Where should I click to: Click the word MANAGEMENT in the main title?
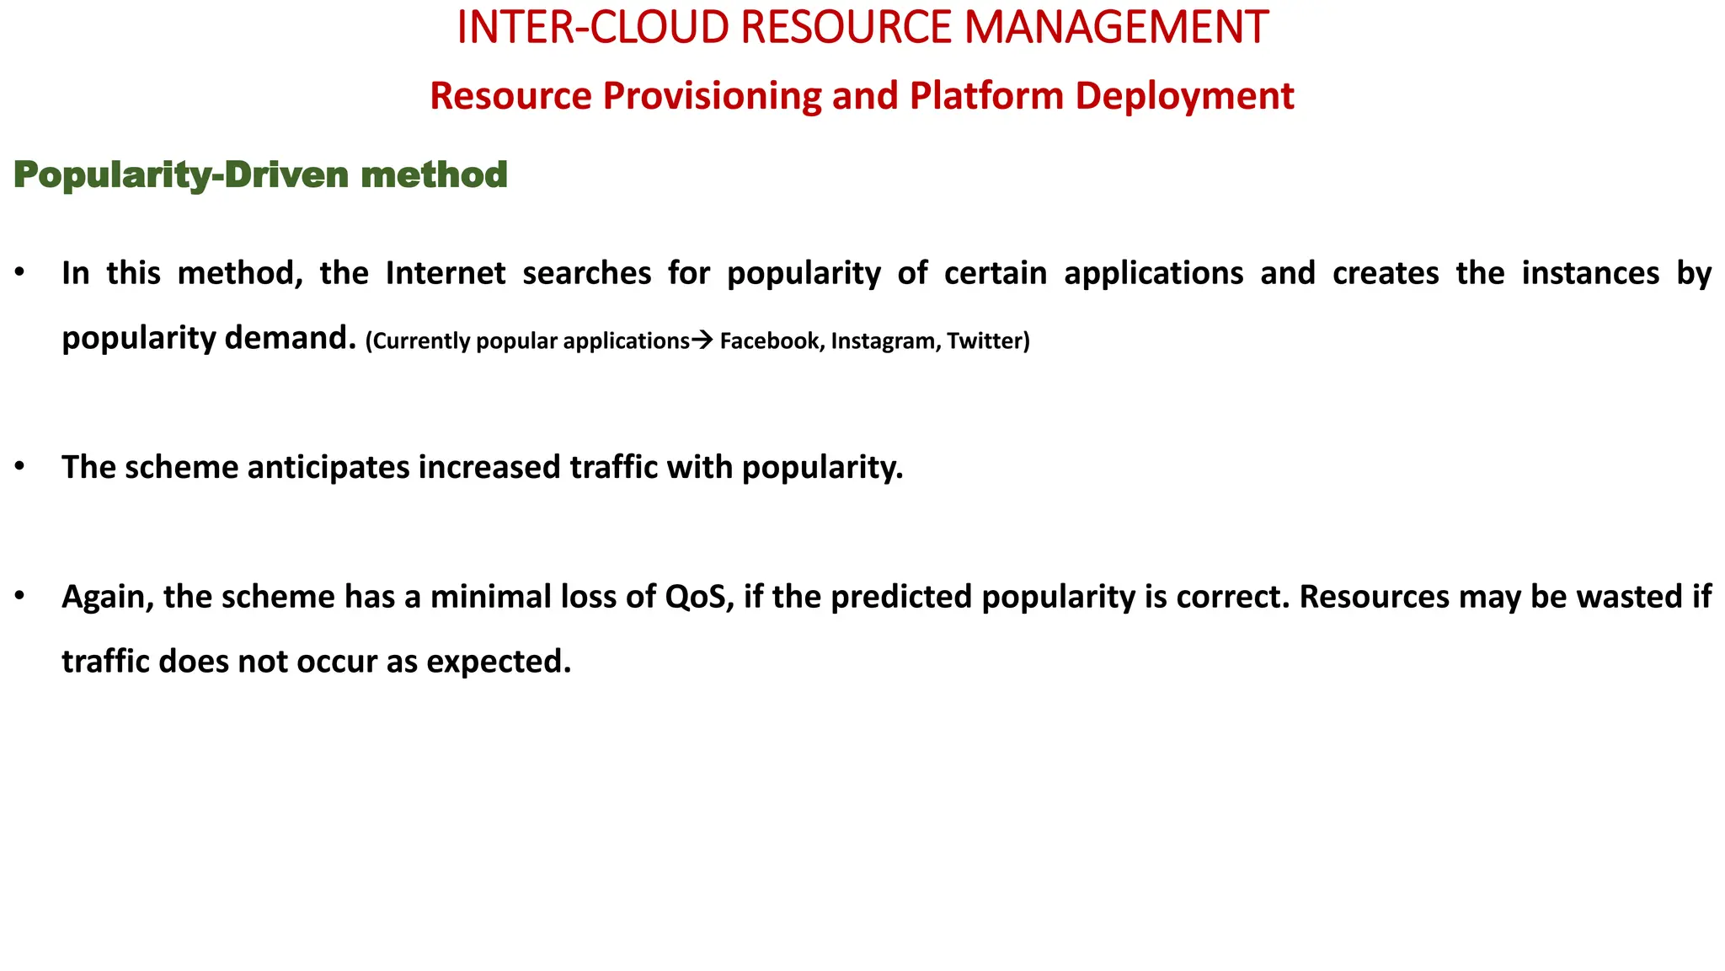tap(1115, 28)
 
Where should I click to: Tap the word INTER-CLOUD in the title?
tap(591, 28)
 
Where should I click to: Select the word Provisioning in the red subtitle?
tap(713, 96)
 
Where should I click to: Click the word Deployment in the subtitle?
tap(1184, 96)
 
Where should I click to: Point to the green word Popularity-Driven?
tap(181, 175)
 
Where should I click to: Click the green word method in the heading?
tap(434, 175)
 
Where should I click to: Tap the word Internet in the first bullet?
tap(446, 273)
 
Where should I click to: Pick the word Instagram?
tap(884, 341)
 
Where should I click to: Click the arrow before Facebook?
tap(702, 341)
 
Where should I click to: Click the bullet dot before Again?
tap(19, 597)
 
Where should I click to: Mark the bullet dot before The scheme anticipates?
tap(19, 467)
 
